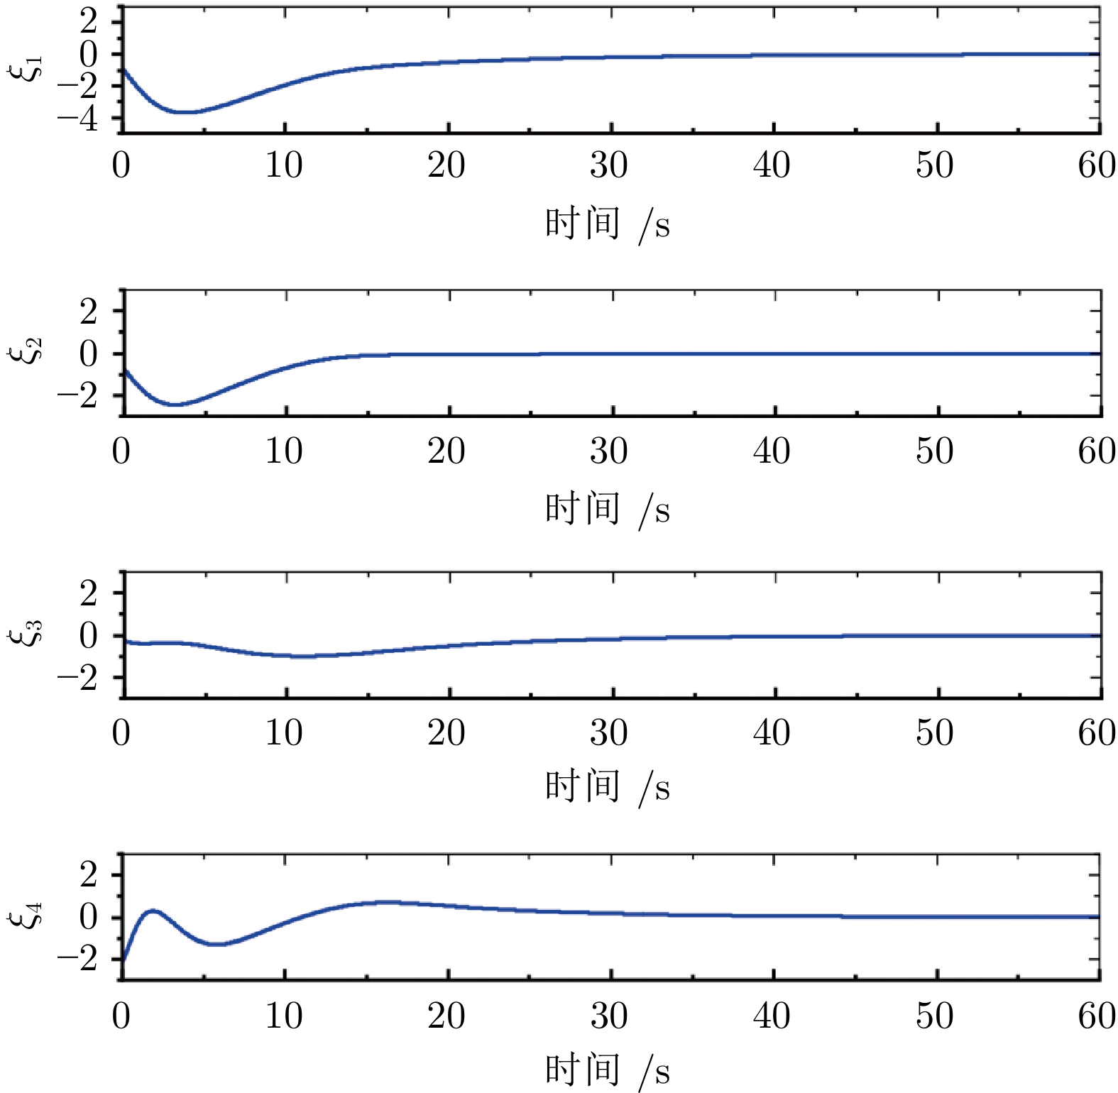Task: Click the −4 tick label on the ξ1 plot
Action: click(x=78, y=119)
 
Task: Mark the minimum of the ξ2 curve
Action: click(x=175, y=405)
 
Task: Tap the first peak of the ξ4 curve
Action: click(x=153, y=910)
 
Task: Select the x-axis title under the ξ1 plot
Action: click(x=608, y=224)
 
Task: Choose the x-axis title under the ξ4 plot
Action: click(x=608, y=1070)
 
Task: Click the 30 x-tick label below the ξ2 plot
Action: click(x=609, y=451)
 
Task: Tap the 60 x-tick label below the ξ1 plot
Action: click(x=1097, y=166)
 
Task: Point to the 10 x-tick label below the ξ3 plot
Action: click(x=284, y=732)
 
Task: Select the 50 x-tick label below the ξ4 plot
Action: click(x=934, y=1016)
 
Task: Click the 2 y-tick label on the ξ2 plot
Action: click(x=89, y=312)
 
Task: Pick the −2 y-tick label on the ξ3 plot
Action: click(x=78, y=679)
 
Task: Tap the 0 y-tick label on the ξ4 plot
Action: click(x=89, y=918)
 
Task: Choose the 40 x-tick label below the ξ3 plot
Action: click(x=772, y=732)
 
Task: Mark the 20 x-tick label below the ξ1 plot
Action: click(x=446, y=166)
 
